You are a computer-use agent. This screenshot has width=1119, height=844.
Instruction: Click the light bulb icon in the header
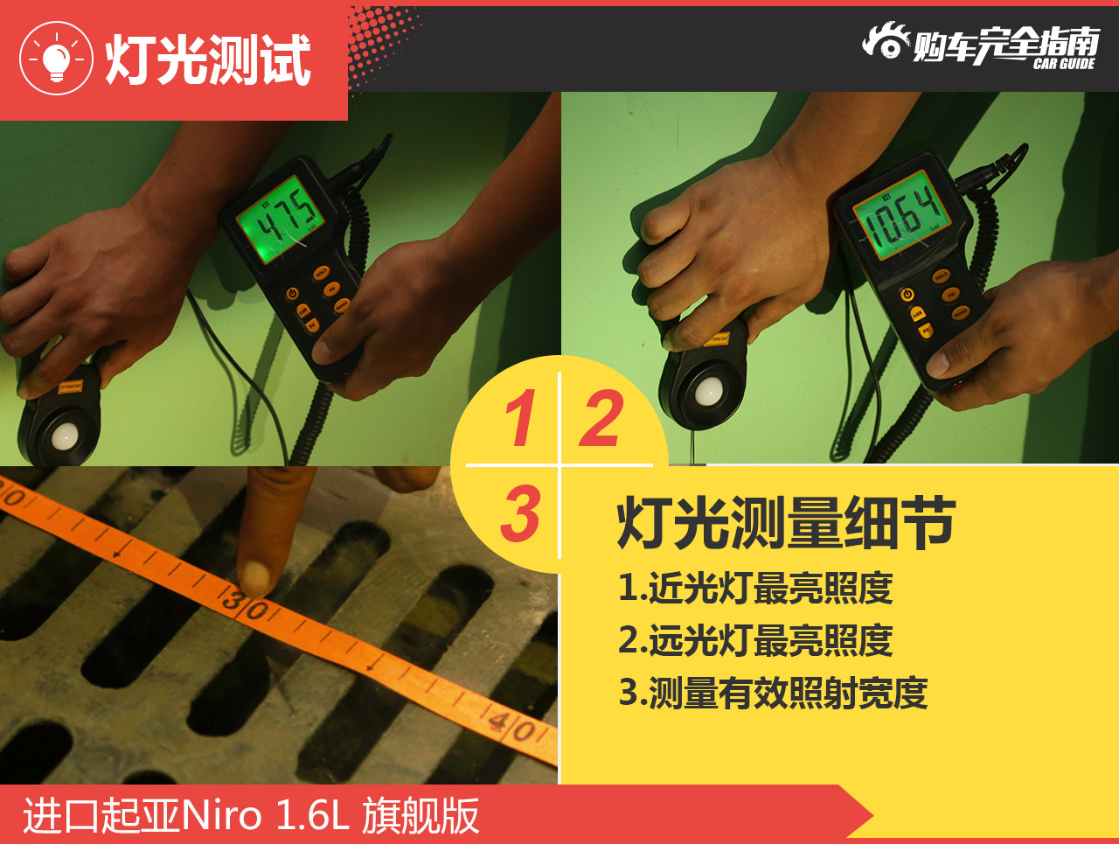coord(56,59)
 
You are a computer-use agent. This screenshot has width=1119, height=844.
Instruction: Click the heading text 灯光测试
coord(208,60)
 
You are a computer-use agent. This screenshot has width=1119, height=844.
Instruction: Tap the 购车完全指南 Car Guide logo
coord(981,45)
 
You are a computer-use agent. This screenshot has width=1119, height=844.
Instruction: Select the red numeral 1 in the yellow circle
coord(520,418)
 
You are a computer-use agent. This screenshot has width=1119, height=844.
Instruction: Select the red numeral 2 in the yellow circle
coord(601,418)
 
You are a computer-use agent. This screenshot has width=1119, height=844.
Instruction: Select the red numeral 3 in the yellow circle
coord(520,513)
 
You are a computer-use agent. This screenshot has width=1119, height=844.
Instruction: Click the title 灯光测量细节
coord(785,522)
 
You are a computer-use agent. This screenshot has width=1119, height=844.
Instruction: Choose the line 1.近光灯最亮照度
coord(755,588)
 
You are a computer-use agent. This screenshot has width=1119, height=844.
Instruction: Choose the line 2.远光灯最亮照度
coord(755,640)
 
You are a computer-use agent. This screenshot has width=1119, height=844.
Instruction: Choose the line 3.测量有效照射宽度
coord(773,693)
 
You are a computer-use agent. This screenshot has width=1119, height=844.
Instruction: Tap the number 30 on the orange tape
coord(245,603)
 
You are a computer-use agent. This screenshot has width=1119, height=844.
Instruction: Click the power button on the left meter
coord(293,294)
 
